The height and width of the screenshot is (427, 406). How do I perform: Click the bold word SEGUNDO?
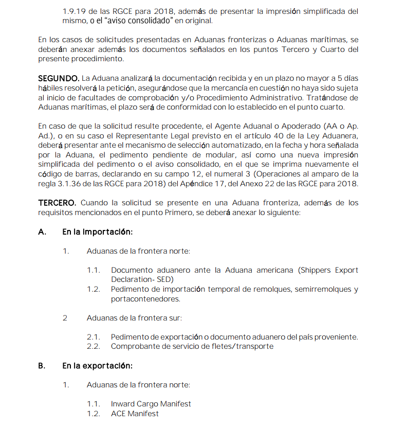pos(59,78)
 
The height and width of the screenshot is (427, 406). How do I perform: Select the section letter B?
pos(42,366)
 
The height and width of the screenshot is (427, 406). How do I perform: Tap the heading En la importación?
pos(98,232)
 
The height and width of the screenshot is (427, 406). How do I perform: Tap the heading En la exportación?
pos(98,366)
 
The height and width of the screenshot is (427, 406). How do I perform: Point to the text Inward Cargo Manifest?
pos(151,404)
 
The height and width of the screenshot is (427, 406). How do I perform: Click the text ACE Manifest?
pos(135,414)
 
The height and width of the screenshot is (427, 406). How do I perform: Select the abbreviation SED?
pos(164,279)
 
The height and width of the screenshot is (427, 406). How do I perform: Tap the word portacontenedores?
pos(145,298)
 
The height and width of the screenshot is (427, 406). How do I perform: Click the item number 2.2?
pos(93,346)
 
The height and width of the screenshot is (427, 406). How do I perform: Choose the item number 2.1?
pos(93,337)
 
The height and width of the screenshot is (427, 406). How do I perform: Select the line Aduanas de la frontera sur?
pos(134,318)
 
